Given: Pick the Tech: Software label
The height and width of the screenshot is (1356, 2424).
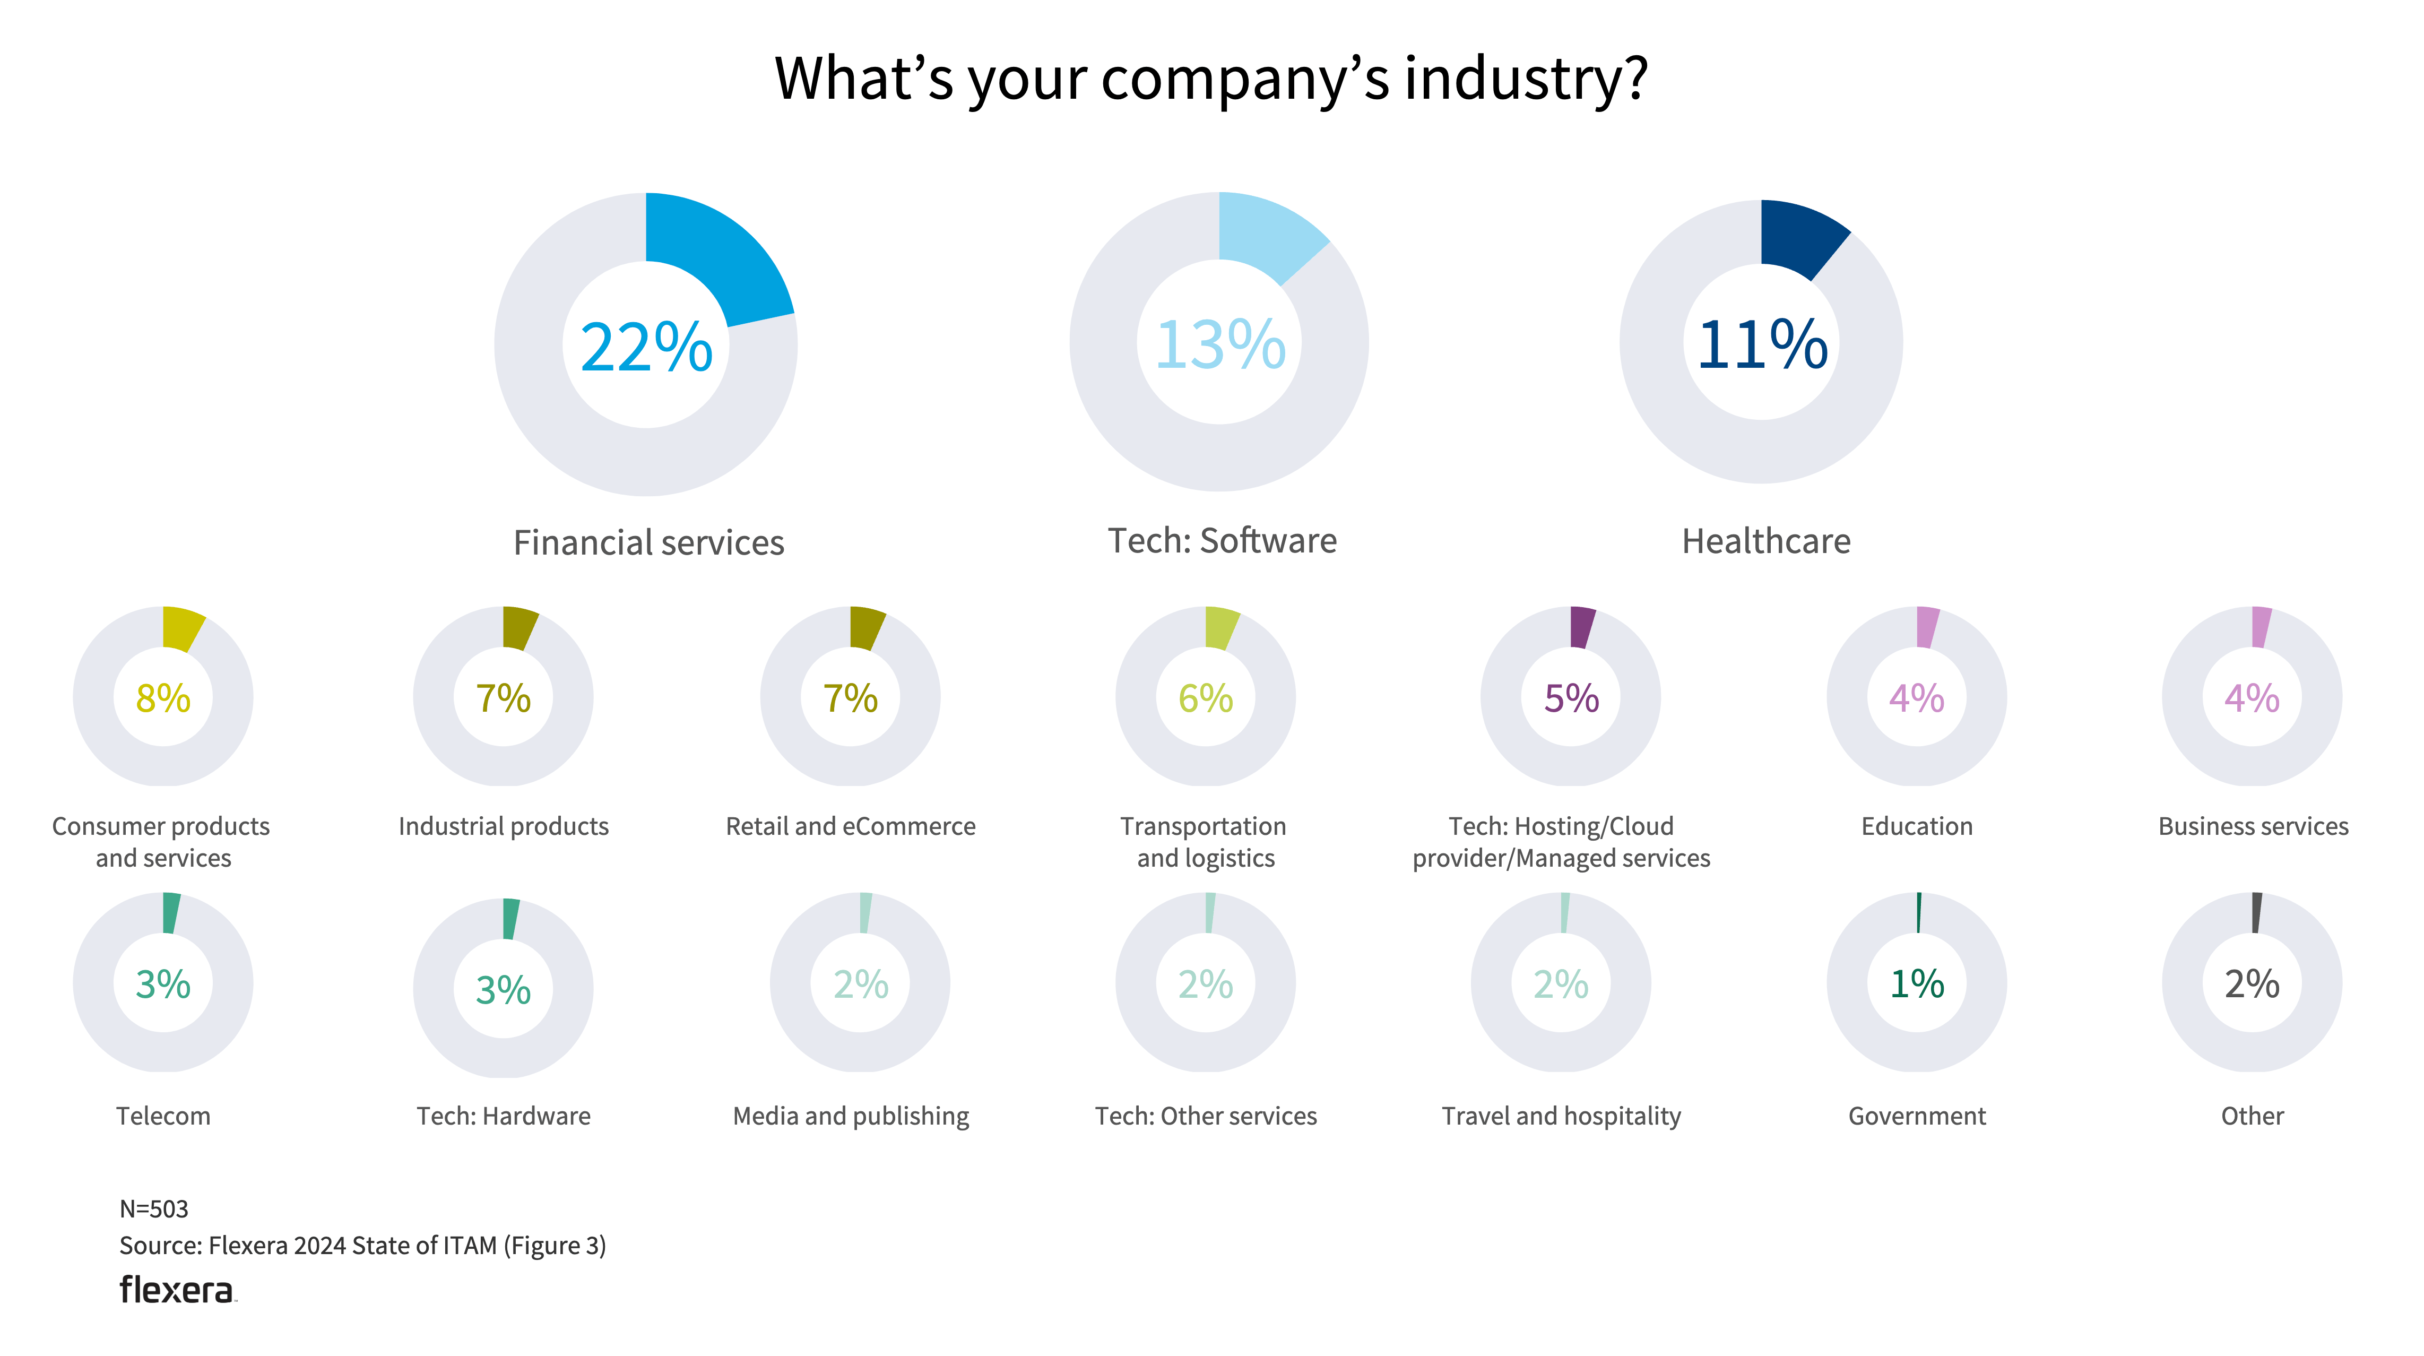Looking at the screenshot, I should click(1222, 541).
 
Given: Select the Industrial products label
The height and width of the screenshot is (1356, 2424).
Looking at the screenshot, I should click(504, 826).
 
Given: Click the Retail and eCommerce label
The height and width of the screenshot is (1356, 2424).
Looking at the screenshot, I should click(851, 826).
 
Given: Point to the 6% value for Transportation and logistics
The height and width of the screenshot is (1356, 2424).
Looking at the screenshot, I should click(1206, 698).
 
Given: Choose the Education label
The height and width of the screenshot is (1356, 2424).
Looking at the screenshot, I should click(1917, 826).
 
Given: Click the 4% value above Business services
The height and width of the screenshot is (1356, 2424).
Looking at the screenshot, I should click(2252, 698).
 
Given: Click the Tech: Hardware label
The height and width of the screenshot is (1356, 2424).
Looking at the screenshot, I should click(504, 1116).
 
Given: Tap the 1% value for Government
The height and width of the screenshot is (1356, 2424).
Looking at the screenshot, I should click(1917, 984).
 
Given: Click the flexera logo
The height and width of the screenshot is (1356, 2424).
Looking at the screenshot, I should click(177, 1290).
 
